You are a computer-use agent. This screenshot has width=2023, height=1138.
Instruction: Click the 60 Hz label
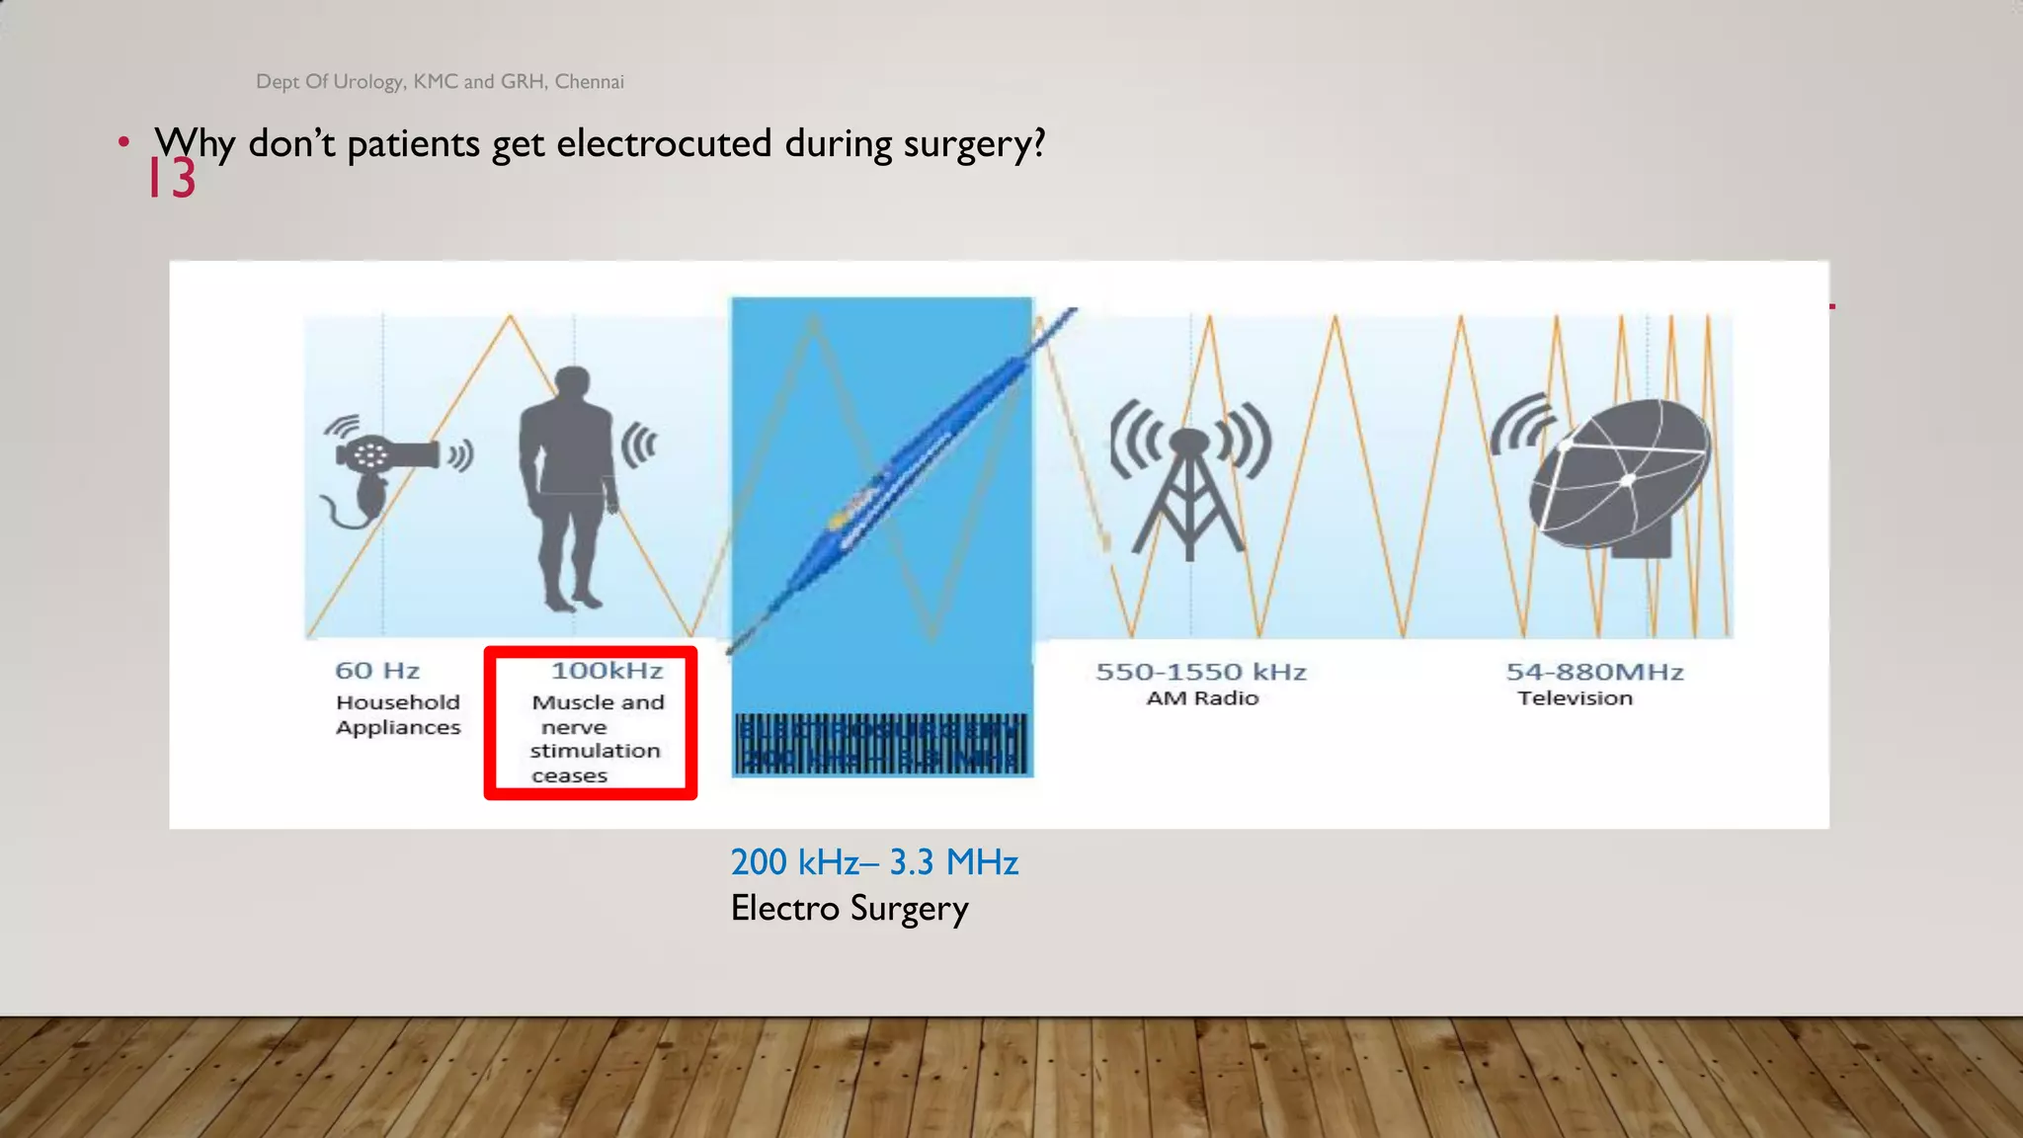[377, 671]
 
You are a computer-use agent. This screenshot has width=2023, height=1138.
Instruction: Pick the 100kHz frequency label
[607, 671]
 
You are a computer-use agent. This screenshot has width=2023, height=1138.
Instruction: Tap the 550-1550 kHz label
[1201, 672]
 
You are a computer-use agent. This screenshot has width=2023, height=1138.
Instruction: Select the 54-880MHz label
[1594, 672]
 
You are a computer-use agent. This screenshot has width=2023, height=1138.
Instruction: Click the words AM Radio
[1202, 698]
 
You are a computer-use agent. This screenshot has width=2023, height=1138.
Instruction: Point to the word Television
[1575, 698]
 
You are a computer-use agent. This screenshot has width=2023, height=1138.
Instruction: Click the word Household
[398, 702]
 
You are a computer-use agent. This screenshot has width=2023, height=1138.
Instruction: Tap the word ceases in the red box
[569, 776]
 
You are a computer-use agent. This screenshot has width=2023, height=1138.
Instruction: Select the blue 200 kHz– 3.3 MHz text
[874, 862]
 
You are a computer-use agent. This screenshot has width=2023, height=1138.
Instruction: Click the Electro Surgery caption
[850, 908]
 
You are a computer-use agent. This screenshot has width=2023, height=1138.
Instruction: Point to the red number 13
[172, 179]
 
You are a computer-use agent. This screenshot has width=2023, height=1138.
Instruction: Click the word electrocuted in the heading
[664, 143]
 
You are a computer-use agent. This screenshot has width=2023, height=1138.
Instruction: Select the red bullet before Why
[123, 141]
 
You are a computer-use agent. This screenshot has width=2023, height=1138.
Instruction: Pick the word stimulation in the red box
[595, 751]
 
